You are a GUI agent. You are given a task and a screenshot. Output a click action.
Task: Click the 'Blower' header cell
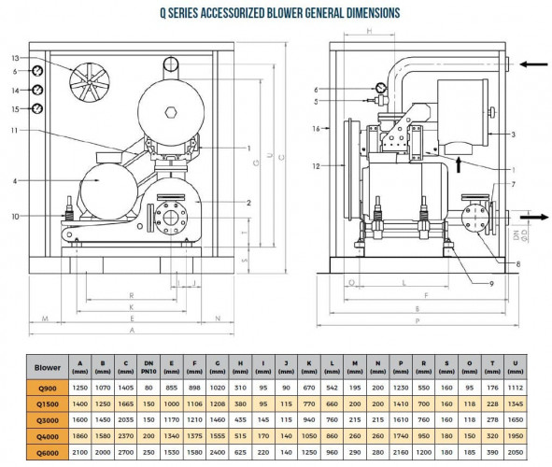[49, 367]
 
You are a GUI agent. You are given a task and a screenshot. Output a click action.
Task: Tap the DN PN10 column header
[148, 367]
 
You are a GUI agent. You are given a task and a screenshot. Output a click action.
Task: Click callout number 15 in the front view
[16, 108]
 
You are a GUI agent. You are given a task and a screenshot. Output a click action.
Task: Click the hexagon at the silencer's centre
[171, 112]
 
